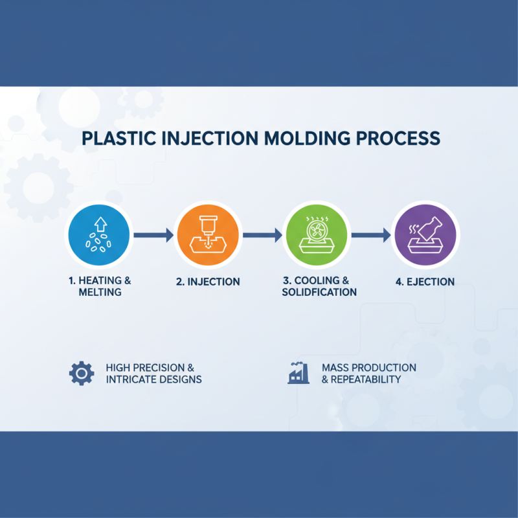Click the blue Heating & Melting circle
pyautogui.click(x=100, y=235)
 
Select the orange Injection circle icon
pyautogui.click(x=208, y=235)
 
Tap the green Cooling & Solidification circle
pyautogui.click(x=317, y=235)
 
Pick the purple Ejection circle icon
pyautogui.click(x=426, y=235)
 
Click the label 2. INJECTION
pyautogui.click(x=208, y=282)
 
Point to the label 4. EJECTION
pyautogui.click(x=425, y=282)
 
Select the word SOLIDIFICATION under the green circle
pyautogui.click(x=319, y=292)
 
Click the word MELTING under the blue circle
pyautogui.click(x=100, y=292)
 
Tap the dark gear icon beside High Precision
pyautogui.click(x=81, y=373)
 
